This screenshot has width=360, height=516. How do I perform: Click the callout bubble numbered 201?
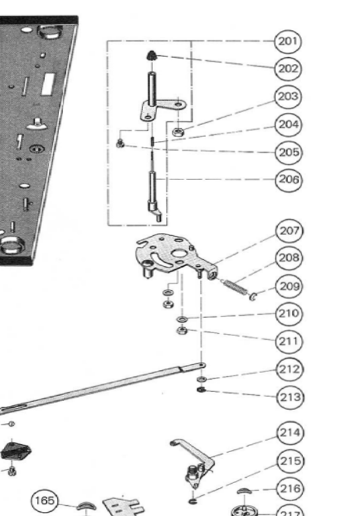point(288,42)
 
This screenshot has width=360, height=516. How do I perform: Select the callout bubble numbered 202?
point(288,69)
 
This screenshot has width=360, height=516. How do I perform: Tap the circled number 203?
point(288,97)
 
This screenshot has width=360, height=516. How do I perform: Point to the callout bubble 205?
point(289,153)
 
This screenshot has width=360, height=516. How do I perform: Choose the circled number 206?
point(289,179)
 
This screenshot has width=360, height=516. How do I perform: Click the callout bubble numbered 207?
point(289,231)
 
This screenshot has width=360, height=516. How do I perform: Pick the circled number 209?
point(289,286)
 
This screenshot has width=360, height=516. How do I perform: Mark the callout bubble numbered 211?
point(289,341)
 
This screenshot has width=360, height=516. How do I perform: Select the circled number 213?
point(290,397)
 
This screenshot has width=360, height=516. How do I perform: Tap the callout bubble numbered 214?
point(290,433)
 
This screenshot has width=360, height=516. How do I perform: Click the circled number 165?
point(44,501)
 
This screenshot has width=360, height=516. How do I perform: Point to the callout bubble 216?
point(290,488)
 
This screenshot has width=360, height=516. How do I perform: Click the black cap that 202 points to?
point(151,55)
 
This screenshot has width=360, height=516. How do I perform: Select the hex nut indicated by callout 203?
point(178,132)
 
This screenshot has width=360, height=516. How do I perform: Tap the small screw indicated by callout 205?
point(120,143)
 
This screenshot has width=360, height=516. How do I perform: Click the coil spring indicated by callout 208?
point(236,287)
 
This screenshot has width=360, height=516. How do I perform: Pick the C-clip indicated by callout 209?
point(253,296)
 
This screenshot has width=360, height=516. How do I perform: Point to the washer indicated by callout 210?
point(181,319)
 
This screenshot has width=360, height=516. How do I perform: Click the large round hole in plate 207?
point(179,254)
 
